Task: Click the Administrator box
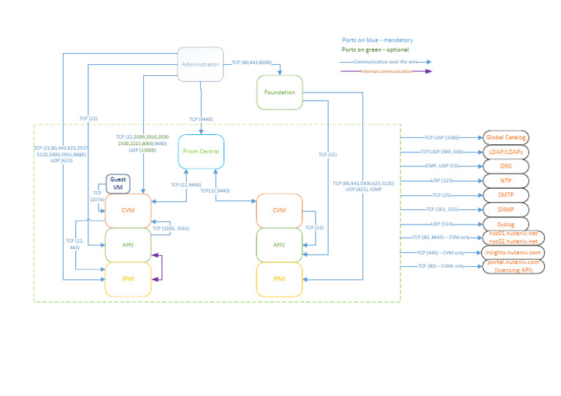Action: click(x=200, y=64)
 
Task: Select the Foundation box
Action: click(x=280, y=93)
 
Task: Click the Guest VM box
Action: click(x=118, y=184)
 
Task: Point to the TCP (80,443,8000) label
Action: click(x=251, y=62)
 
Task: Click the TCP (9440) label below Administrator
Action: click(x=201, y=119)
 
